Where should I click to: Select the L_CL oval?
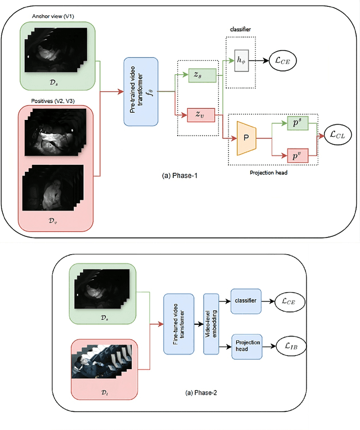pyautogui.click(x=337, y=135)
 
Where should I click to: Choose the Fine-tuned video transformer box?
pyautogui.click(x=178, y=324)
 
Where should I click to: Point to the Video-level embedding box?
pyautogui.click(x=210, y=324)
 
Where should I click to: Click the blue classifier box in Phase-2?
pyautogui.click(x=246, y=301)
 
